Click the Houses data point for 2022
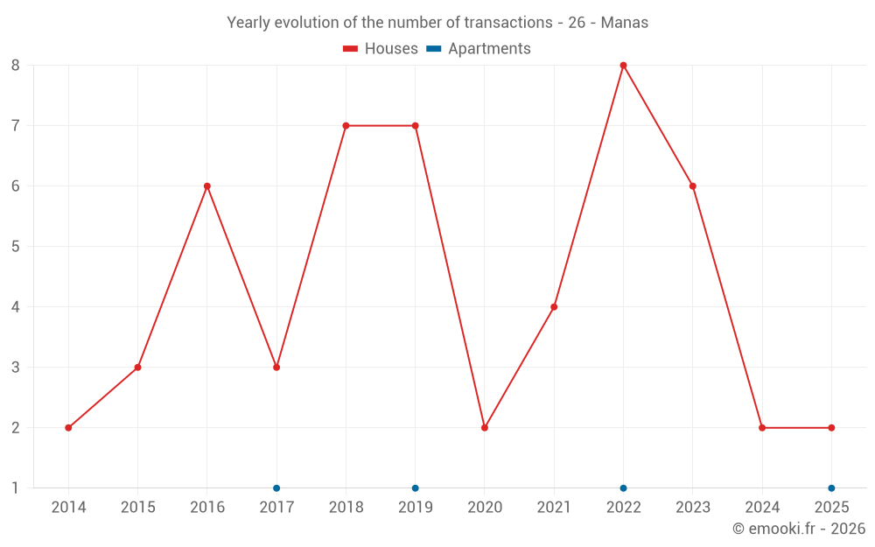click(x=623, y=66)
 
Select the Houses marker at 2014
click(x=68, y=428)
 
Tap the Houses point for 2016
click(x=207, y=186)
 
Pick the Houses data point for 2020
click(x=485, y=428)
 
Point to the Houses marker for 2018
click(x=346, y=126)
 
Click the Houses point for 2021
click(x=554, y=307)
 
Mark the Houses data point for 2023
click(x=693, y=186)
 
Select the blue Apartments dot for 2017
click(x=276, y=488)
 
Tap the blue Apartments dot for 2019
click(x=415, y=488)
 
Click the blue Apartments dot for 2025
click(x=831, y=488)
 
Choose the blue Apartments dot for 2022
click(x=623, y=488)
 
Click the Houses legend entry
click(x=381, y=49)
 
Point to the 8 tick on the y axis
click(x=16, y=66)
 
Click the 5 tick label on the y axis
click(x=16, y=247)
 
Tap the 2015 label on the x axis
click(x=137, y=508)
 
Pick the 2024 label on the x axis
click(x=762, y=508)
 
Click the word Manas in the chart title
click(x=625, y=23)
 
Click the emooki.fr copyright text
click(x=798, y=529)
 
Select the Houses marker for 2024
click(x=762, y=428)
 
